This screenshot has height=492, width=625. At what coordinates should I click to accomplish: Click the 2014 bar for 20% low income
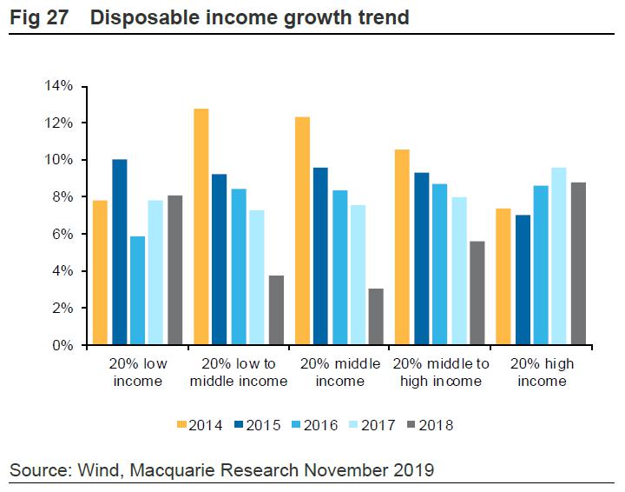(x=100, y=273)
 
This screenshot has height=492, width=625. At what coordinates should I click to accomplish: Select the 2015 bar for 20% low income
(x=120, y=252)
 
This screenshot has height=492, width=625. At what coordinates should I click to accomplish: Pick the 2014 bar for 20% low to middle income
(x=201, y=227)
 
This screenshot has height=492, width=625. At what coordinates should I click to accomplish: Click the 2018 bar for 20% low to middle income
(x=276, y=310)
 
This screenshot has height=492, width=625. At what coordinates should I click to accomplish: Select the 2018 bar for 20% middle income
(x=376, y=316)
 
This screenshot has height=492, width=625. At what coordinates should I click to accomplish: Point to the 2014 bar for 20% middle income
(x=302, y=230)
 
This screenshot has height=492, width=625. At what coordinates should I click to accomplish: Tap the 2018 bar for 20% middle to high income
(x=477, y=293)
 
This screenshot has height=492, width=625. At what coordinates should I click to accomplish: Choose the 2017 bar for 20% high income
(x=557, y=256)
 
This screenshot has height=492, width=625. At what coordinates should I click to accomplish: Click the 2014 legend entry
(x=199, y=425)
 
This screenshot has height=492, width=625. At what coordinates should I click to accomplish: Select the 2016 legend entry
(x=313, y=425)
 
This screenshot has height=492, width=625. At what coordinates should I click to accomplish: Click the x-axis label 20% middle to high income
(x=440, y=372)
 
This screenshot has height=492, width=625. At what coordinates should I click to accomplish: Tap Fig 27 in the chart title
(x=41, y=17)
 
